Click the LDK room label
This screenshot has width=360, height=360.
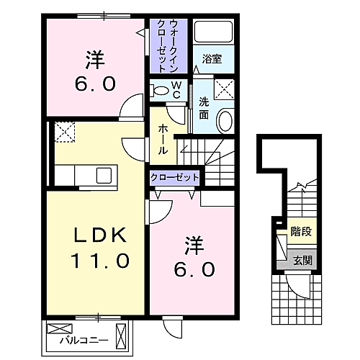99,236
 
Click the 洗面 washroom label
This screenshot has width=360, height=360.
204,108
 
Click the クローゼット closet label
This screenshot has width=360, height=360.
174,177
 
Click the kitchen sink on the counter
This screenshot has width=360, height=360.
104,174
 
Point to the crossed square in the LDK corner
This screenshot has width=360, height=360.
65,132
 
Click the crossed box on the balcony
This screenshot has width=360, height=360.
56,328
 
